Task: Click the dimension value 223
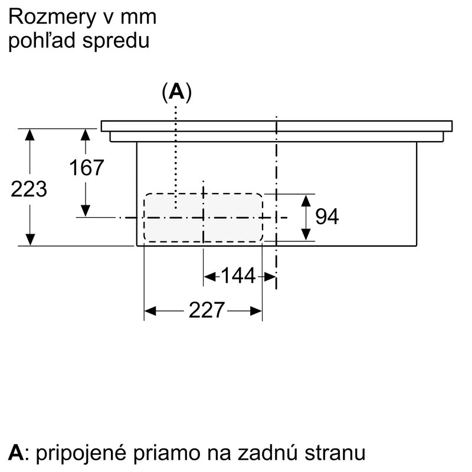(x=29, y=189)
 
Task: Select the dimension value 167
(x=86, y=168)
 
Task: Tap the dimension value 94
(x=327, y=216)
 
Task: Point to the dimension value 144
(x=238, y=276)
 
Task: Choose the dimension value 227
(x=206, y=310)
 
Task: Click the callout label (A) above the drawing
(x=176, y=92)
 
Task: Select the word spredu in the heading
(x=116, y=41)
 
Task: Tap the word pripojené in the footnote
(x=81, y=453)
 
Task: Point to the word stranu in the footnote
(x=335, y=453)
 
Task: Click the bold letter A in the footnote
(x=16, y=452)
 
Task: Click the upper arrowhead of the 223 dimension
(x=29, y=135)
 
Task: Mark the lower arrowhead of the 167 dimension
(x=86, y=211)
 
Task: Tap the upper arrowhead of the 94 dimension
(x=306, y=201)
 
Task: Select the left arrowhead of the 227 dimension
(x=150, y=311)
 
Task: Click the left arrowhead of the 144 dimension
(x=209, y=276)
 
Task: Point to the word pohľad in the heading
(x=41, y=41)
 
